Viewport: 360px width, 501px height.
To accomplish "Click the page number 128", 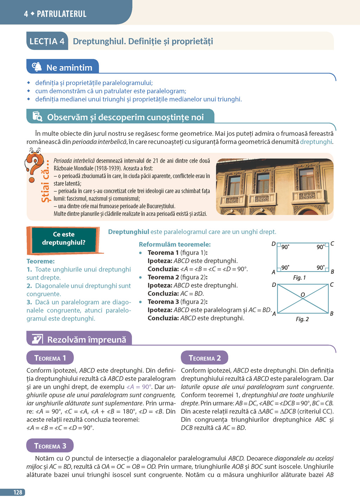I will (18, 492).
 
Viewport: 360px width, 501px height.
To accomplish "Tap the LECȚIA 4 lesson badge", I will (47, 42).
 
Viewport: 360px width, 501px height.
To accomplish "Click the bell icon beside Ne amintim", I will (37, 67).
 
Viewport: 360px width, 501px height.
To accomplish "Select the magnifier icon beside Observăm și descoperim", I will (37, 116).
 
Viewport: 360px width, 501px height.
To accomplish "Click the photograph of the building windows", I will (275, 186).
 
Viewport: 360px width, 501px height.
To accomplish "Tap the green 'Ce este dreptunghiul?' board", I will (64, 239).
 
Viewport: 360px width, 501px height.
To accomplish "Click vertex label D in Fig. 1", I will (274, 244).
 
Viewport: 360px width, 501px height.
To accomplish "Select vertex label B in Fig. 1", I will (332, 272).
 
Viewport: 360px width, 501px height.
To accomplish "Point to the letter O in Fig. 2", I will (302, 294).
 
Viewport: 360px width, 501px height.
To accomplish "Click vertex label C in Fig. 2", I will (332, 284).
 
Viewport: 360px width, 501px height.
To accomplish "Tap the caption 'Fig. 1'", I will (299, 278).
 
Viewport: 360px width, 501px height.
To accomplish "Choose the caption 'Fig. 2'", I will (302, 319).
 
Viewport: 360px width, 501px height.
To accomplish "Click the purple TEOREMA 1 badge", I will (50, 358).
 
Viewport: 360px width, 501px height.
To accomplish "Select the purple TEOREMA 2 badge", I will (204, 358).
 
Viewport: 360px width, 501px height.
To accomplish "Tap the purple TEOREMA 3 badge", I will (50, 446).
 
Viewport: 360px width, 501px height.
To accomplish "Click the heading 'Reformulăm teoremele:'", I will (175, 244).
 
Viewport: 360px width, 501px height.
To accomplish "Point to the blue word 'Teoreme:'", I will (40, 261).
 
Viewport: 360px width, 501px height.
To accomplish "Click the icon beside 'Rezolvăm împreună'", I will (37, 339).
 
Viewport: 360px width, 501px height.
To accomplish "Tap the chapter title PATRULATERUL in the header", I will (62, 14).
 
